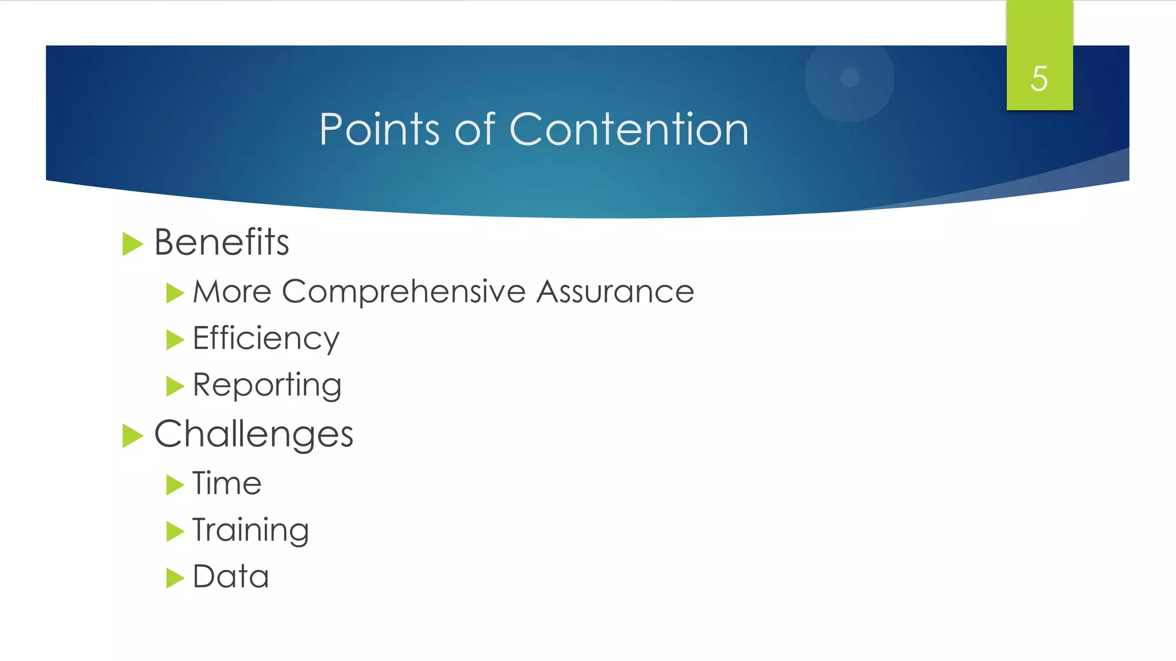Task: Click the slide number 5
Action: tap(1039, 79)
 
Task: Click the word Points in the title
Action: tap(379, 129)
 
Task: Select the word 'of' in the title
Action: tap(474, 129)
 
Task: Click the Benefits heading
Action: tap(222, 242)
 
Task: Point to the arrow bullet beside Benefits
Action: tap(132, 244)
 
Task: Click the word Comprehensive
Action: tap(404, 291)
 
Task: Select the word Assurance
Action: tap(615, 291)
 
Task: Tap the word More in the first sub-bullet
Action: tap(232, 291)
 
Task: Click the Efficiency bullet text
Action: tap(266, 339)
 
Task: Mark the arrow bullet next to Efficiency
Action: tap(175, 340)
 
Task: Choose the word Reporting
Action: tap(267, 385)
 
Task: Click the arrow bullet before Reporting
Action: tap(175, 386)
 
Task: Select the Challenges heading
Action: tap(253, 434)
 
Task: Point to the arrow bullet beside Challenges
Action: tap(132, 436)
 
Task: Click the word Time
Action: tap(227, 483)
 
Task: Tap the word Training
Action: tap(250, 530)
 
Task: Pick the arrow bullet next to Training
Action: tap(175, 531)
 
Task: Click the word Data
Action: tap(231, 577)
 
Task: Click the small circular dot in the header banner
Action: tap(849, 77)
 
